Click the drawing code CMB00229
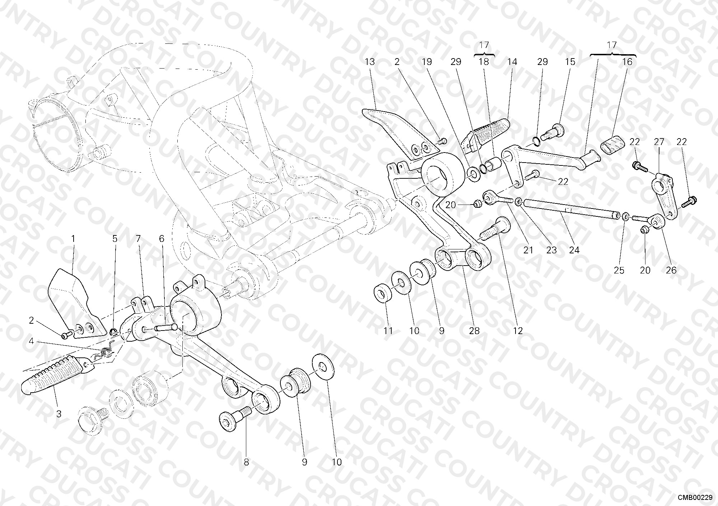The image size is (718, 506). [695, 497]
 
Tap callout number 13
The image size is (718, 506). [370, 62]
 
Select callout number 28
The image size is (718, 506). [474, 331]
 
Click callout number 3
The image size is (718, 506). [59, 414]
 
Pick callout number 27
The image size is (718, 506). [659, 142]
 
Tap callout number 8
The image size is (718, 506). [246, 462]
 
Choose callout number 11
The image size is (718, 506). [388, 331]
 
